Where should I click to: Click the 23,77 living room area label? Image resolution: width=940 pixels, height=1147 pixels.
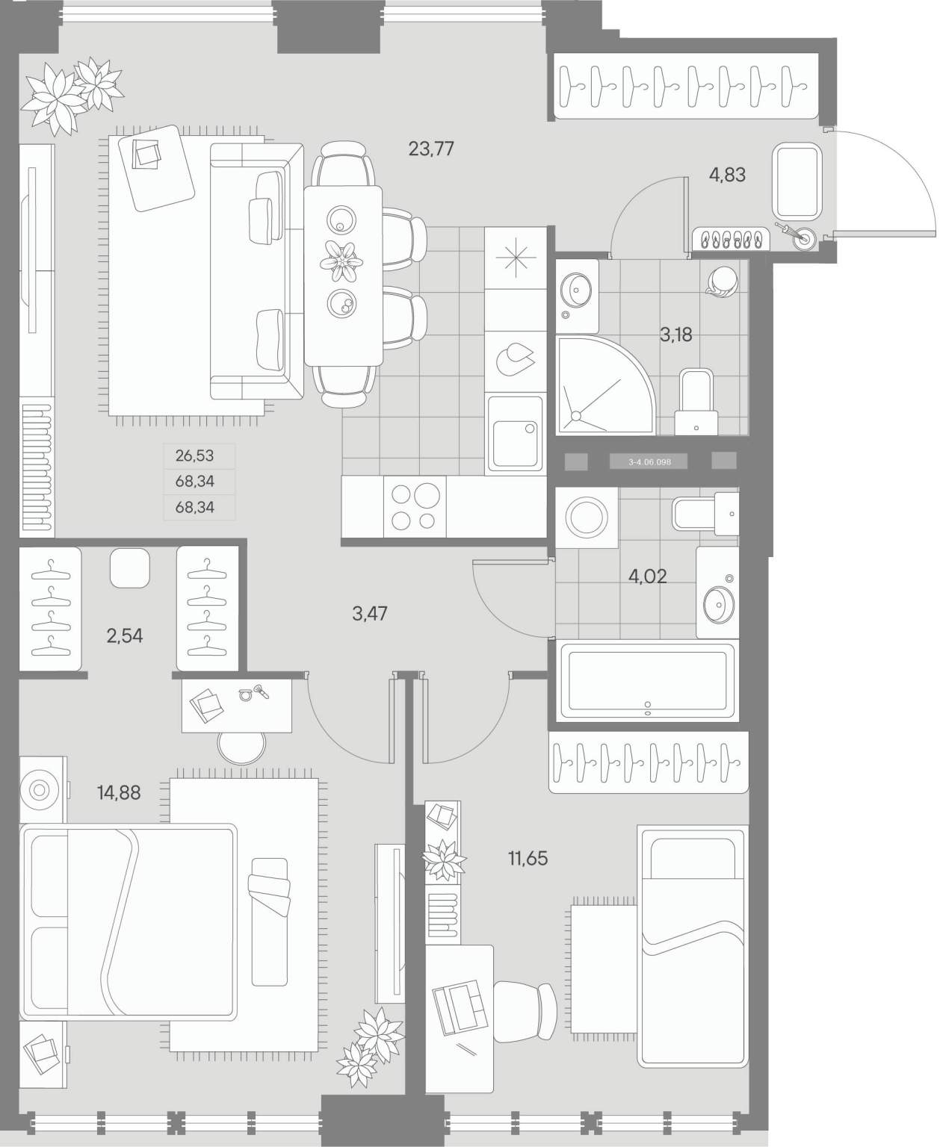point(430,149)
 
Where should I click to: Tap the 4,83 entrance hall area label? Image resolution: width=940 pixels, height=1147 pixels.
point(726,175)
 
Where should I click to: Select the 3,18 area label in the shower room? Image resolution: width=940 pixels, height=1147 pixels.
point(675,335)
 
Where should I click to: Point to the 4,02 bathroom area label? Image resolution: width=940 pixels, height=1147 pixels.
point(647,576)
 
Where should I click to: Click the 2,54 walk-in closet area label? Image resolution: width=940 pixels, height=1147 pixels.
point(125,635)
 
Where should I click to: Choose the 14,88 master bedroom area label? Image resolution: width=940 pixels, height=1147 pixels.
point(120,793)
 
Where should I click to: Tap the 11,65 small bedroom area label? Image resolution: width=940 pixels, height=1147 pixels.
point(528,858)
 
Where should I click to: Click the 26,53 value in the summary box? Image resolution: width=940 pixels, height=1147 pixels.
point(194,456)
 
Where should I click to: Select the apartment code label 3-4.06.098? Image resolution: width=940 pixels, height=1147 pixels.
point(649,461)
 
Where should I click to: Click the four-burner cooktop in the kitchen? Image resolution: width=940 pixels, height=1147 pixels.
point(414,507)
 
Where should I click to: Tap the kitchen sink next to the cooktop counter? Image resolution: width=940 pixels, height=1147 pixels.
point(515,433)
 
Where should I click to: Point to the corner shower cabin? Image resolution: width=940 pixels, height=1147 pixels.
point(605,385)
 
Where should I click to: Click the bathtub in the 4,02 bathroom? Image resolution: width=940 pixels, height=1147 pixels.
point(647,680)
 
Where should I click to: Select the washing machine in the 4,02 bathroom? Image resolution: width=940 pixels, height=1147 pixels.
point(587,517)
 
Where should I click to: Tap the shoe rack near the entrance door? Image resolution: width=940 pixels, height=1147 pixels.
point(731,238)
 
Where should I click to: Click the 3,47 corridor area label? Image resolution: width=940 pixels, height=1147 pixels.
point(370,614)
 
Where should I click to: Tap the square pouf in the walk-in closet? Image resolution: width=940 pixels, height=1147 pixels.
point(129,568)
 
